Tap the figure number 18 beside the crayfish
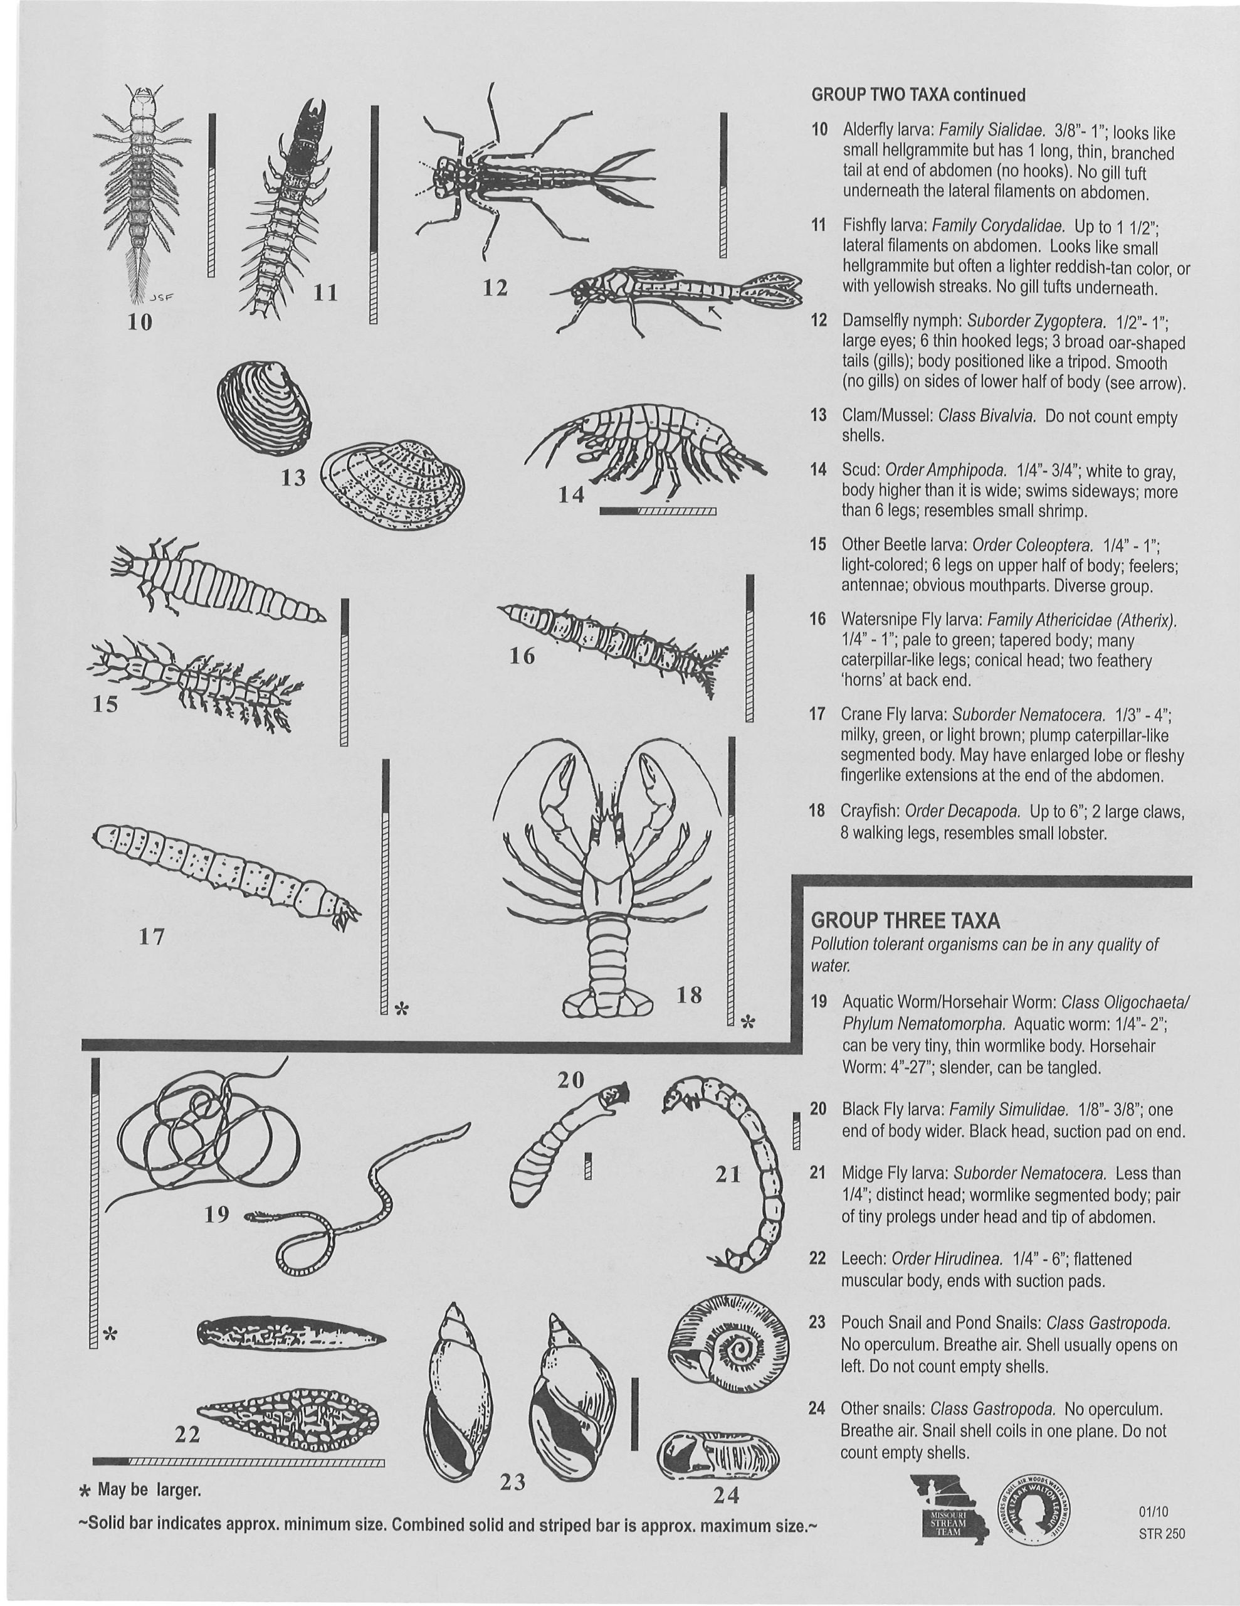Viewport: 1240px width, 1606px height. coord(690,996)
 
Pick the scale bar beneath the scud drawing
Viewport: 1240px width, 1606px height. coord(658,510)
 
